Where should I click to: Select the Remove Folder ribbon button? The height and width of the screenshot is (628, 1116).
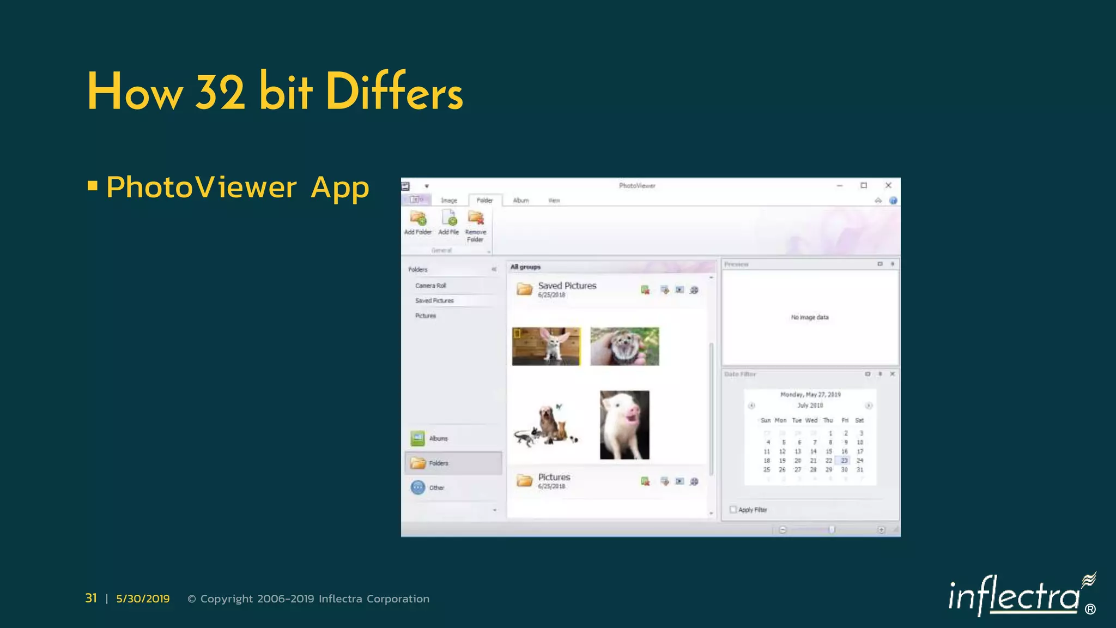click(x=476, y=225)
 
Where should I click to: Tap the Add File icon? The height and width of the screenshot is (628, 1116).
click(x=449, y=222)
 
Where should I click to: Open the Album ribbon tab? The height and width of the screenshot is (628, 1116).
click(x=521, y=201)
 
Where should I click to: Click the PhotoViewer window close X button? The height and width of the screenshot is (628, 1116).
click(x=888, y=185)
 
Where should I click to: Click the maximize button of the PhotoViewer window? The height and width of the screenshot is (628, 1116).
click(x=864, y=185)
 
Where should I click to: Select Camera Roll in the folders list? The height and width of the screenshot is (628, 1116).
click(x=430, y=286)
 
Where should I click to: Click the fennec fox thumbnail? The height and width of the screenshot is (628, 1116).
click(x=546, y=346)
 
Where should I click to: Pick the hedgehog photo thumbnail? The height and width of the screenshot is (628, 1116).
click(x=624, y=346)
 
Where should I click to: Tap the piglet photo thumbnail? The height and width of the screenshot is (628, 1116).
click(x=624, y=425)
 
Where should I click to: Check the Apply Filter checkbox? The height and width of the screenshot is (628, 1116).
click(x=733, y=510)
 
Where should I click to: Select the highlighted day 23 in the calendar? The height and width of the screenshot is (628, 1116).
click(x=844, y=461)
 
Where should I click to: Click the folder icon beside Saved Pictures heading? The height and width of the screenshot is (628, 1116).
click(x=524, y=289)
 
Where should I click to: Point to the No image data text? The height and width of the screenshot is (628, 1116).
click(x=810, y=317)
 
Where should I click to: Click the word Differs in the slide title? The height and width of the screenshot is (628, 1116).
click(x=394, y=93)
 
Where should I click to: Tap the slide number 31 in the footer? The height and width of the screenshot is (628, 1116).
click(x=91, y=599)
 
